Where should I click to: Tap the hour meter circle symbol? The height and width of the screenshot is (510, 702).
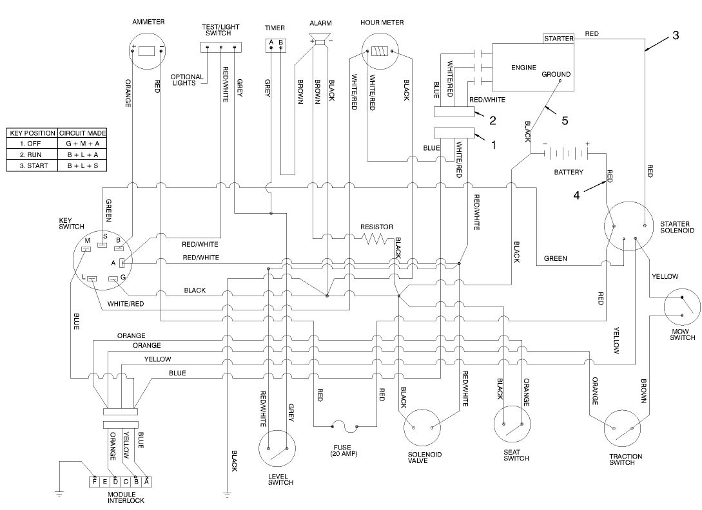tap(382, 52)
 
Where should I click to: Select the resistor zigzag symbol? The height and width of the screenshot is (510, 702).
tap(374, 239)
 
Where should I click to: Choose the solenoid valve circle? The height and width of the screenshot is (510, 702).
tap(423, 426)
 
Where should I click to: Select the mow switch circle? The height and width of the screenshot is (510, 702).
tap(682, 307)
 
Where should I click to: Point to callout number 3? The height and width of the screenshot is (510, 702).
tap(675, 36)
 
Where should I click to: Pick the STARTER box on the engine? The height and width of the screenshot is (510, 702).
tap(558, 39)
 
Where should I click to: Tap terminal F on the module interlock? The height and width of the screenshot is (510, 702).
tap(95, 481)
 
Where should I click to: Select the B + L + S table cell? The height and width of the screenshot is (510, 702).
tap(83, 165)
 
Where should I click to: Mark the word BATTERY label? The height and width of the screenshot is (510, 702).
tap(568, 173)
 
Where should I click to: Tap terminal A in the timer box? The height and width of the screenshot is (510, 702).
tap(271, 43)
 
